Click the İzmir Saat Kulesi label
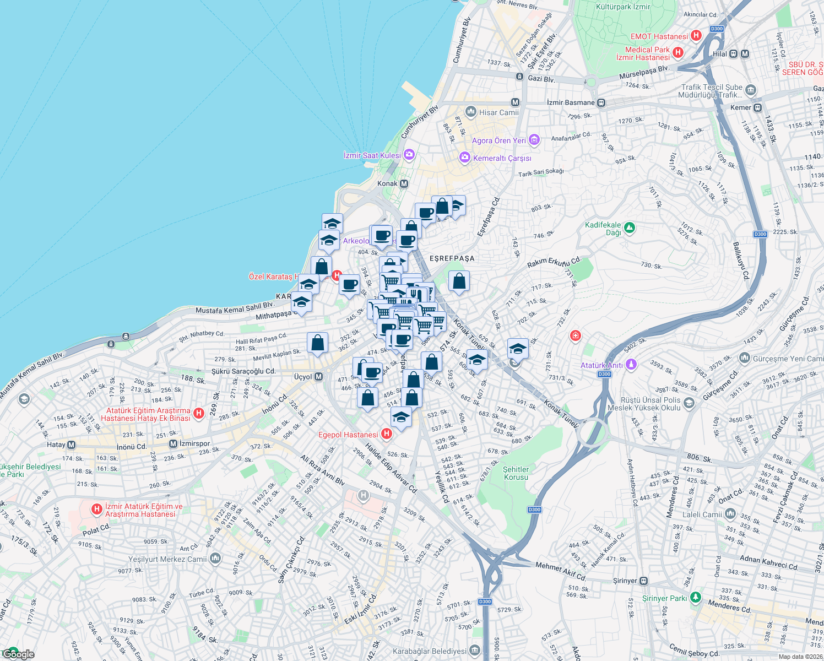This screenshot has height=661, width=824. [x=372, y=155]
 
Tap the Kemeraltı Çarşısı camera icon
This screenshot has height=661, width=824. [x=465, y=159]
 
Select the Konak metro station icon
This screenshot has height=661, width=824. [x=404, y=183]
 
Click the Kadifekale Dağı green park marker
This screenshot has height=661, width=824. [x=630, y=227]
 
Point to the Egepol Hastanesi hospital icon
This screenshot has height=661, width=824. [x=387, y=434]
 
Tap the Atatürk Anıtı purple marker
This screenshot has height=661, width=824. [x=631, y=364]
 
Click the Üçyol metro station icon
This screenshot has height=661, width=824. [x=319, y=377]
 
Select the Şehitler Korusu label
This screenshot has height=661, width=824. [x=516, y=473]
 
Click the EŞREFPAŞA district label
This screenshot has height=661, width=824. [x=452, y=258]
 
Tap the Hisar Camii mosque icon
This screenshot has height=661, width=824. [x=470, y=112]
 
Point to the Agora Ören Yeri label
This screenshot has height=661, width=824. [x=498, y=140]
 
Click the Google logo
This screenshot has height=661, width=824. [x=18, y=654]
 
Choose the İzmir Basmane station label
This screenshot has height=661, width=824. [x=571, y=102]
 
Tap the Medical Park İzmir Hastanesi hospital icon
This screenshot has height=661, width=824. [x=678, y=52]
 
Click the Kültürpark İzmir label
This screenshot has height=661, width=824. [x=623, y=7]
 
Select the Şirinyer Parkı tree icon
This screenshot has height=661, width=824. [x=696, y=597]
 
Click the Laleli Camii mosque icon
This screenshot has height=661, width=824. [x=730, y=514]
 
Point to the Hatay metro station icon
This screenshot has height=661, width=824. [x=71, y=445]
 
